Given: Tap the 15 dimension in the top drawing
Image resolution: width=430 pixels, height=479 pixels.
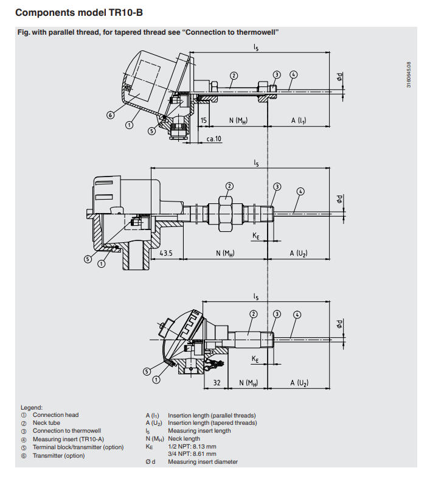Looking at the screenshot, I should (203, 121).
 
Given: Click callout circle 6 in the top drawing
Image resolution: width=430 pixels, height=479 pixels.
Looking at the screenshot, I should (111, 114).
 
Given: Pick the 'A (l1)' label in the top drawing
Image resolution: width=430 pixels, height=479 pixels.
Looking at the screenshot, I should (298, 121).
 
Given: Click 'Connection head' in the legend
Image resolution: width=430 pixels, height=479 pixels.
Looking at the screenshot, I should (55, 415).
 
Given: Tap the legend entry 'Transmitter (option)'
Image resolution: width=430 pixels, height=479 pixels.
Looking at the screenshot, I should (58, 455).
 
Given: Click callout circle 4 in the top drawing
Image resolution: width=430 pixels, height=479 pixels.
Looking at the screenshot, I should (294, 74).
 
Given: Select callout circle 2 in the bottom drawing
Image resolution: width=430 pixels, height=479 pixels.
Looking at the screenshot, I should (254, 314).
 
